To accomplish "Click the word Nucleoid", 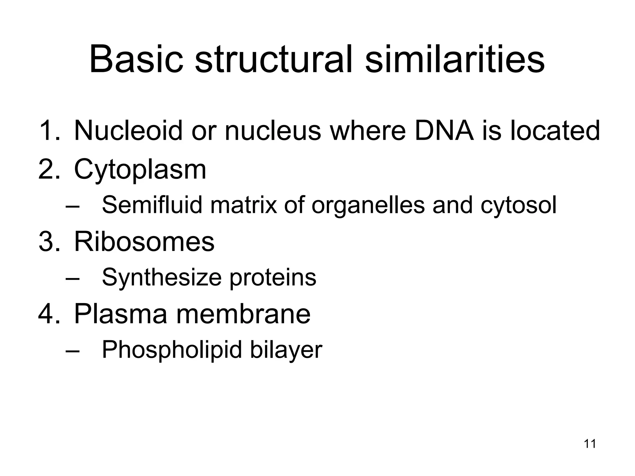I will [128, 130].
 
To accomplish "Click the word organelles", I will [368, 206].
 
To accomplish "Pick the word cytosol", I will [518, 206].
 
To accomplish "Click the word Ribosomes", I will [144, 242].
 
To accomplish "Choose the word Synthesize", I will [162, 278].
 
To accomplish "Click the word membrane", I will [243, 314].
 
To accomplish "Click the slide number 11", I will [590, 444].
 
